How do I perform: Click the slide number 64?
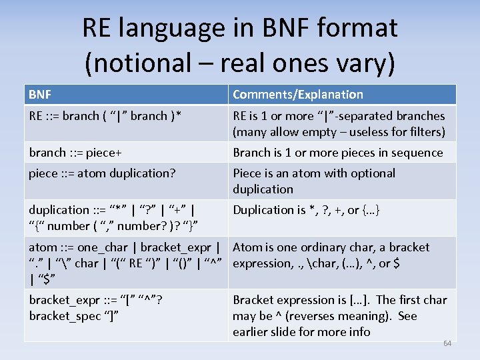pyautogui.click(x=447, y=343)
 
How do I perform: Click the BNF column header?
pyautogui.click(x=40, y=95)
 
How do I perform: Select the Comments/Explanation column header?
pyautogui.click(x=298, y=95)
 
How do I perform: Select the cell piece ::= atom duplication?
pyautogui.click(x=102, y=173)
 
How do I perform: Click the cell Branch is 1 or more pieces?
pyautogui.click(x=337, y=153)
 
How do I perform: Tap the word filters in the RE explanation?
pyautogui.click(x=422, y=132)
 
